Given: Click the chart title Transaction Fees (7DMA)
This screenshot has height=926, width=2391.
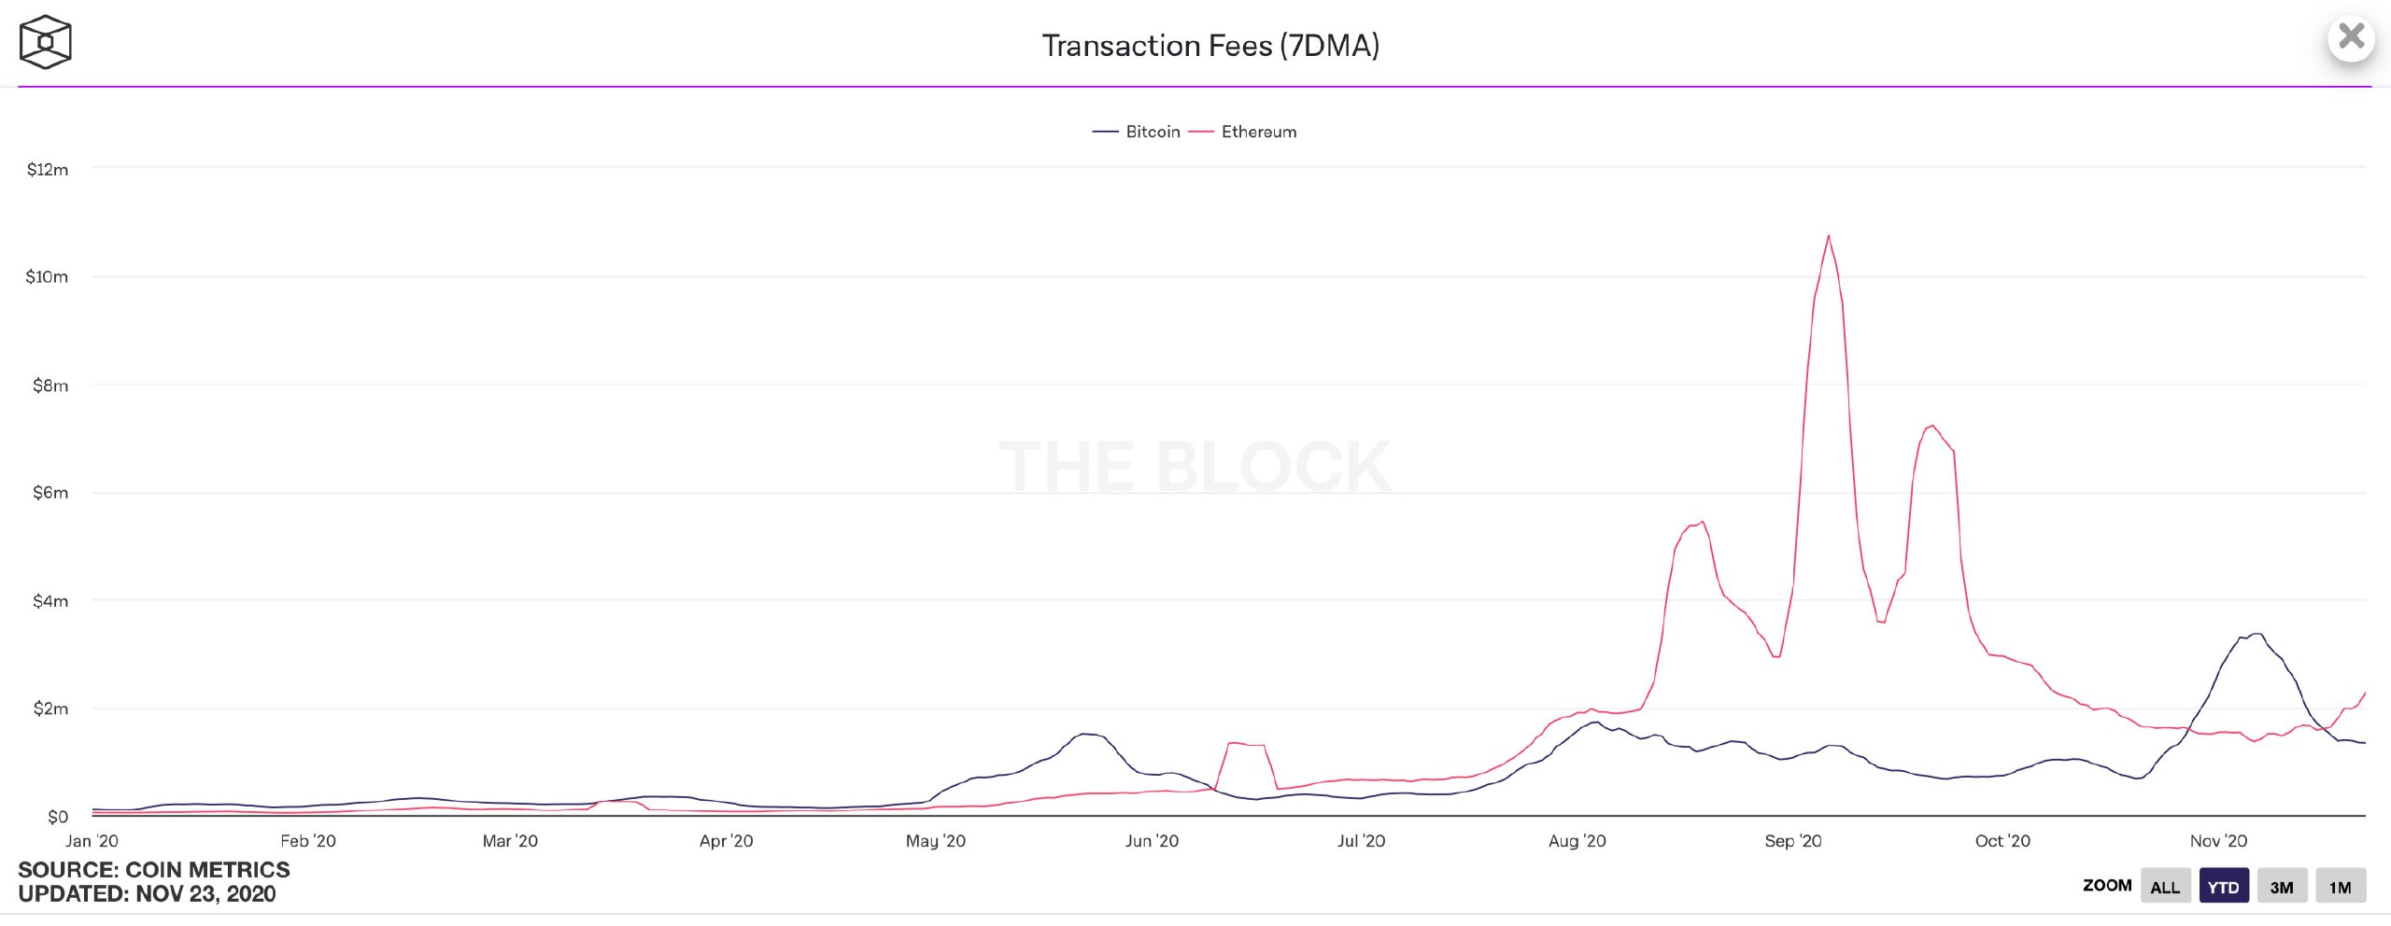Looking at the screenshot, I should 1210,46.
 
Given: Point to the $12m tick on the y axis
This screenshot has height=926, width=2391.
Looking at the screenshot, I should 48,170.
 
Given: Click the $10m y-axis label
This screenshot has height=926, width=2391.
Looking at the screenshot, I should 47,277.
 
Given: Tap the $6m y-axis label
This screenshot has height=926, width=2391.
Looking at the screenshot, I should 50,493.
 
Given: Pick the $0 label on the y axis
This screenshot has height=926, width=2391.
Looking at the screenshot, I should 58,817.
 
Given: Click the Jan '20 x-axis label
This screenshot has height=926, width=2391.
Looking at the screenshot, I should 92,841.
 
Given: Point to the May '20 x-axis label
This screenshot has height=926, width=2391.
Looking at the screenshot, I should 935,841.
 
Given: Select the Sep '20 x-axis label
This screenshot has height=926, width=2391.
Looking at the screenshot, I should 1792,841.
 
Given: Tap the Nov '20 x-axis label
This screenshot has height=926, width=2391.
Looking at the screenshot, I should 2218,841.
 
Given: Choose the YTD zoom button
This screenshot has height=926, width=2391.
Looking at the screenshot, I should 2223,887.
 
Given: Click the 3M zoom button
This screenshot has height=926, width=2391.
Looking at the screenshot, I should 2282,887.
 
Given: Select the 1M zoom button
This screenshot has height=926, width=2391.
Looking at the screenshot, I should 2340,887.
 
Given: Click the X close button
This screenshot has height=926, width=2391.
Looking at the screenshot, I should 2351,37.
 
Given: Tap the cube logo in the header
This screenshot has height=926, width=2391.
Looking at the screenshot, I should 45,42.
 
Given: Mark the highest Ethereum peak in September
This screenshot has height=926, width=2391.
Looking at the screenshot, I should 1828,236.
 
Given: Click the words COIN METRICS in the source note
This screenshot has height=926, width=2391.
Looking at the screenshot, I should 207,870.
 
